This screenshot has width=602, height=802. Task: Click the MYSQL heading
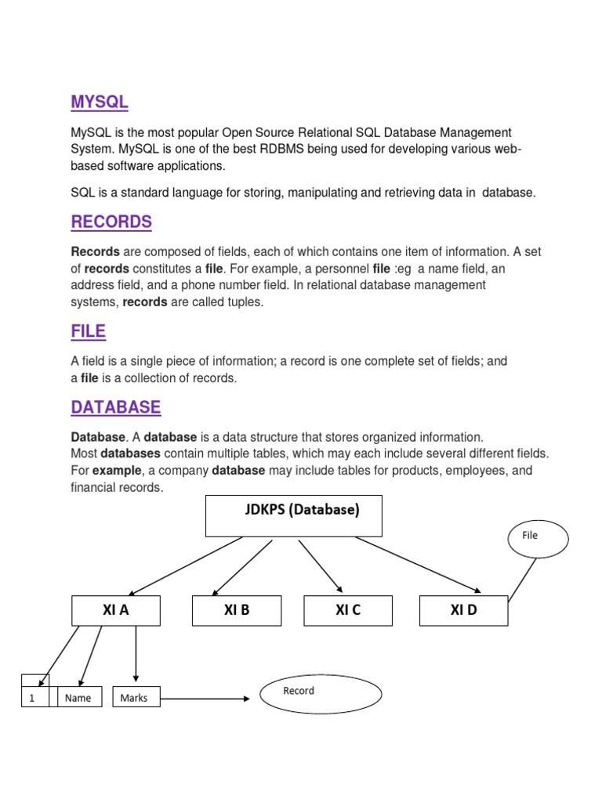click(x=99, y=102)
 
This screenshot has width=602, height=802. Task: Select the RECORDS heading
click(x=111, y=222)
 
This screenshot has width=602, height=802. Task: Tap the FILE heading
click(x=88, y=331)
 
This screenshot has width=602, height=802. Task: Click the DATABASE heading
click(x=115, y=407)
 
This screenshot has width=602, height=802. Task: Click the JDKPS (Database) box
click(x=293, y=515)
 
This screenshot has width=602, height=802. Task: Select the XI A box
click(x=116, y=611)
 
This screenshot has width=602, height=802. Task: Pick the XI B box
click(x=236, y=611)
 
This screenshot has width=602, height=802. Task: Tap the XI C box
click(x=348, y=611)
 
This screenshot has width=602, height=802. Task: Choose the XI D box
click(x=463, y=611)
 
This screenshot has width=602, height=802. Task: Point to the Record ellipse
click(x=321, y=694)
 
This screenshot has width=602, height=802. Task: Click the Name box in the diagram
click(x=78, y=698)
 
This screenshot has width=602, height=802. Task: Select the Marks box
click(x=136, y=697)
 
